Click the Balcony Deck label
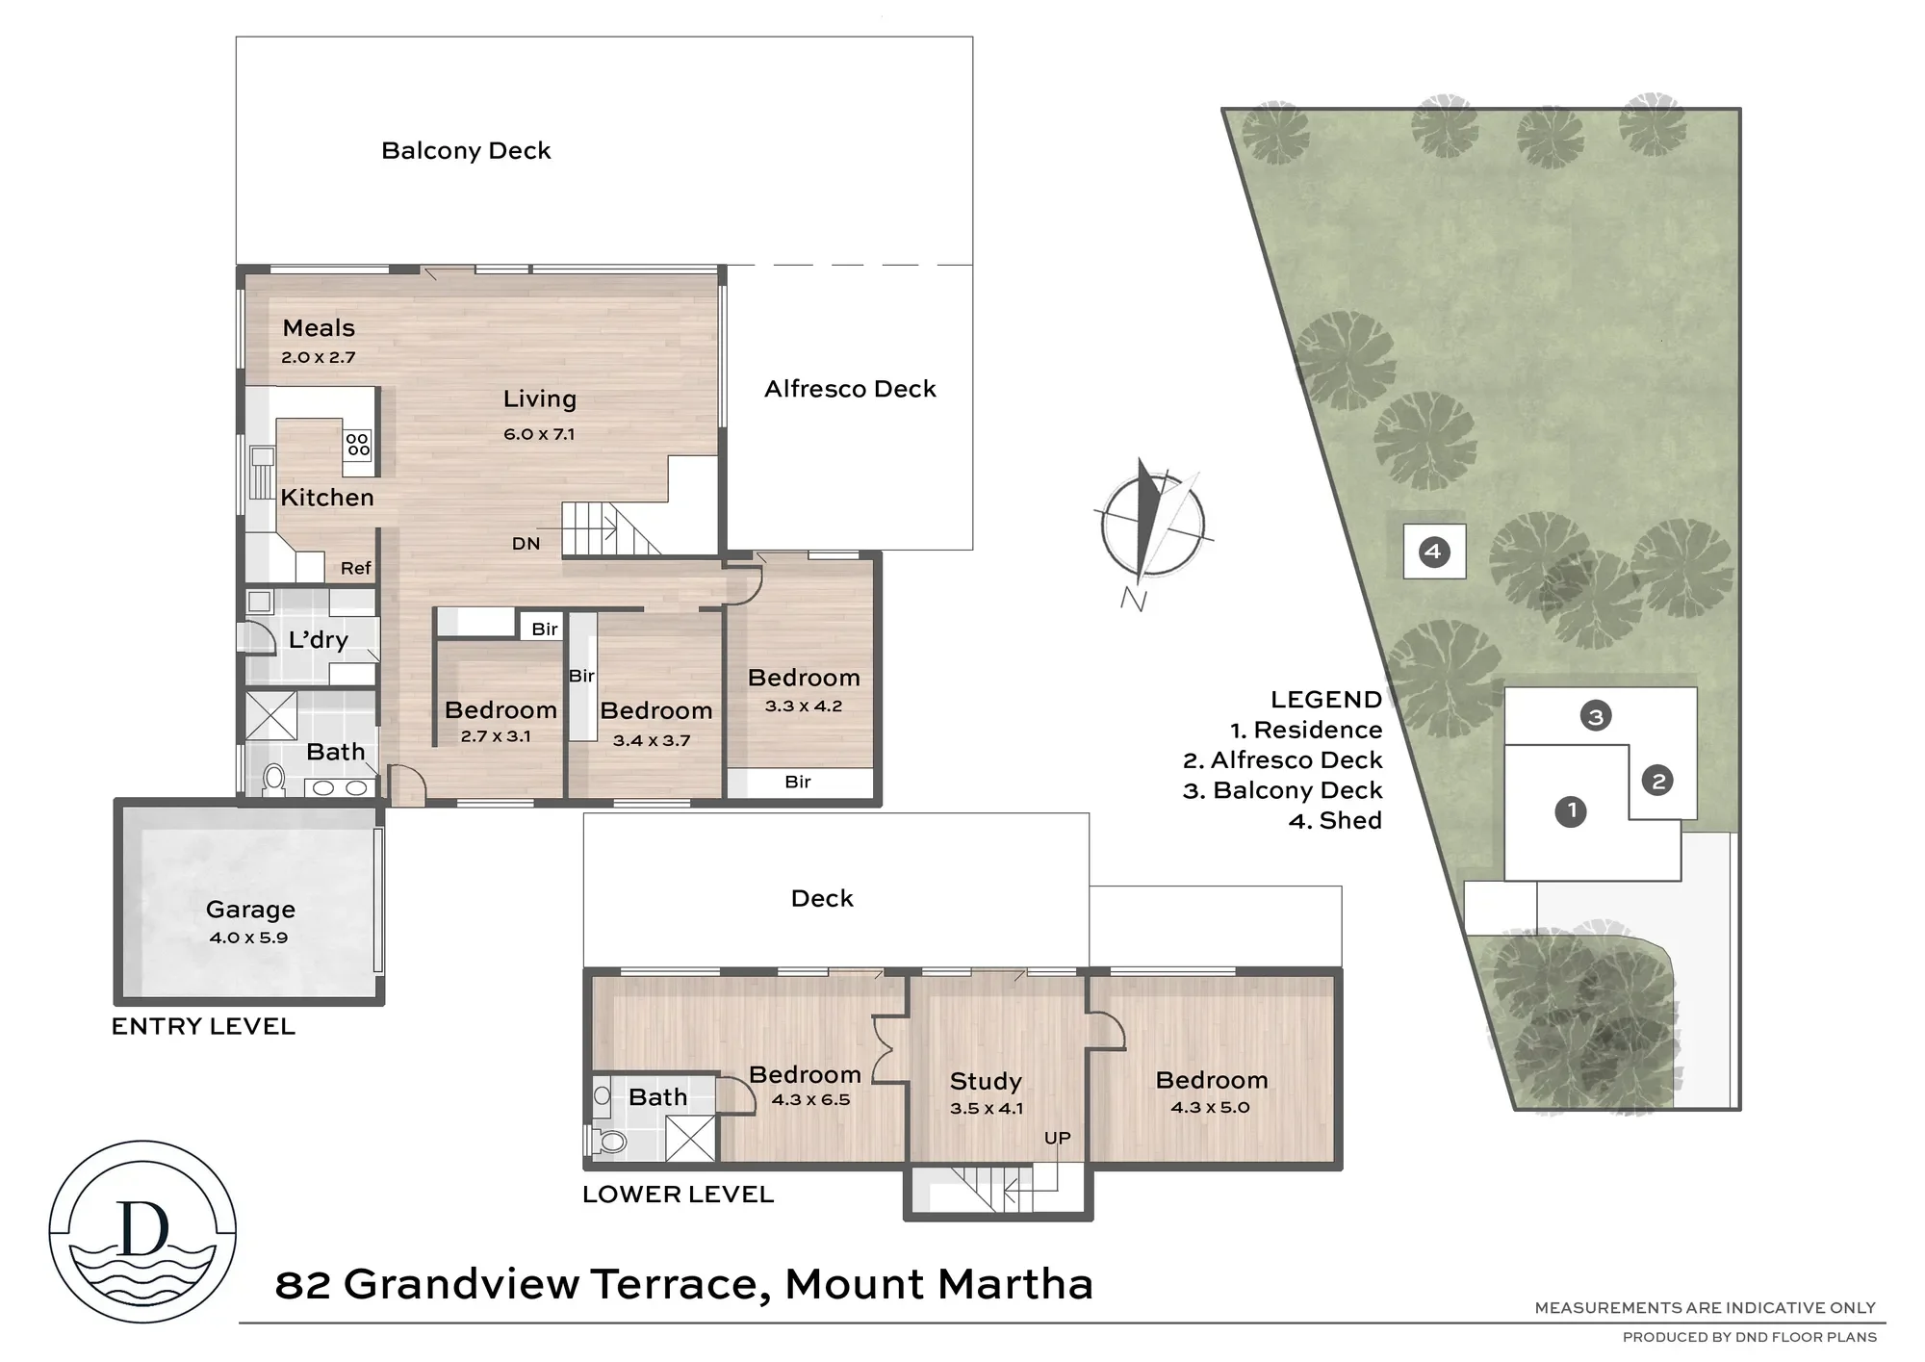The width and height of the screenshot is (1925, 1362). click(466, 151)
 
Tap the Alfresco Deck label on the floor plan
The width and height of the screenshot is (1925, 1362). click(850, 389)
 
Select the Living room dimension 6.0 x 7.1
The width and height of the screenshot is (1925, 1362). click(539, 434)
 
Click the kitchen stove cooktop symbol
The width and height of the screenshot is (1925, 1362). click(358, 445)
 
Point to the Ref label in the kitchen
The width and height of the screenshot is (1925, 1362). click(355, 568)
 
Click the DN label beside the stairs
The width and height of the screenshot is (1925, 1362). click(526, 544)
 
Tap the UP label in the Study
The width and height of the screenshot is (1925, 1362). click(1058, 1138)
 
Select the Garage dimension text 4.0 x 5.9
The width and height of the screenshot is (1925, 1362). click(248, 938)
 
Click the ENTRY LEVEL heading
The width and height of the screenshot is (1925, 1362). click(203, 1026)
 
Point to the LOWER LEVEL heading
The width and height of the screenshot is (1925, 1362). click(678, 1195)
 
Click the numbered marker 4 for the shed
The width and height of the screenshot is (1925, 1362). click(1434, 552)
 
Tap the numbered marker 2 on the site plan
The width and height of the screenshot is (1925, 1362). click(1658, 781)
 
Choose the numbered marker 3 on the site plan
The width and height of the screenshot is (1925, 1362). click(1596, 716)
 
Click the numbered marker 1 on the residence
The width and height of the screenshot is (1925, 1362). click(1571, 811)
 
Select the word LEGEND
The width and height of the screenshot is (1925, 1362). click(1326, 700)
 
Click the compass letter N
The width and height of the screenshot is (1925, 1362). click(1134, 600)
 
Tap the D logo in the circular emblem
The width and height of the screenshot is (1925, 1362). click(142, 1228)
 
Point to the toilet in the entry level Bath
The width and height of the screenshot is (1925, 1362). click(274, 779)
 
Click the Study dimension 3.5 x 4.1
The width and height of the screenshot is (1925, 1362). click(987, 1109)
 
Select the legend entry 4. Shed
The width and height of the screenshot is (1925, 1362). click(1335, 820)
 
